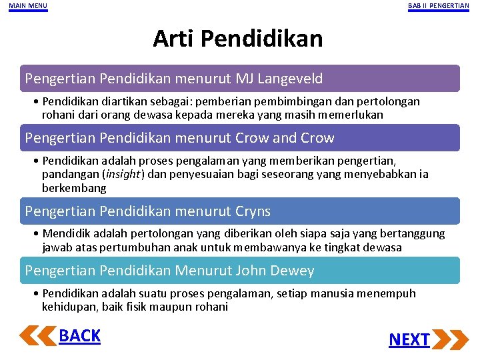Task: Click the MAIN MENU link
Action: click(28, 6)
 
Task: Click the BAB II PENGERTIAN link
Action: click(438, 6)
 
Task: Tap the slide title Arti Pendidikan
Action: click(237, 39)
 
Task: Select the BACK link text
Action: click(79, 336)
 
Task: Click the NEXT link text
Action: click(409, 339)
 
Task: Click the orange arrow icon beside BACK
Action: click(38, 335)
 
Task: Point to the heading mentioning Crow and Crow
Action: click(180, 138)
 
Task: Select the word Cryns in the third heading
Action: click(253, 211)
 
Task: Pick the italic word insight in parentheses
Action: click(122, 175)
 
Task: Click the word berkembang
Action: click(74, 188)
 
